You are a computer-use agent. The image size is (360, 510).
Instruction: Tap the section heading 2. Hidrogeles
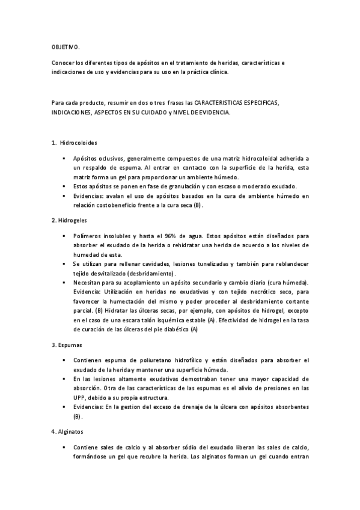70,220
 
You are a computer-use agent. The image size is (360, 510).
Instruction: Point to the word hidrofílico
206,360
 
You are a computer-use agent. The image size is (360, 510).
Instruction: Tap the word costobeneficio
113,205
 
